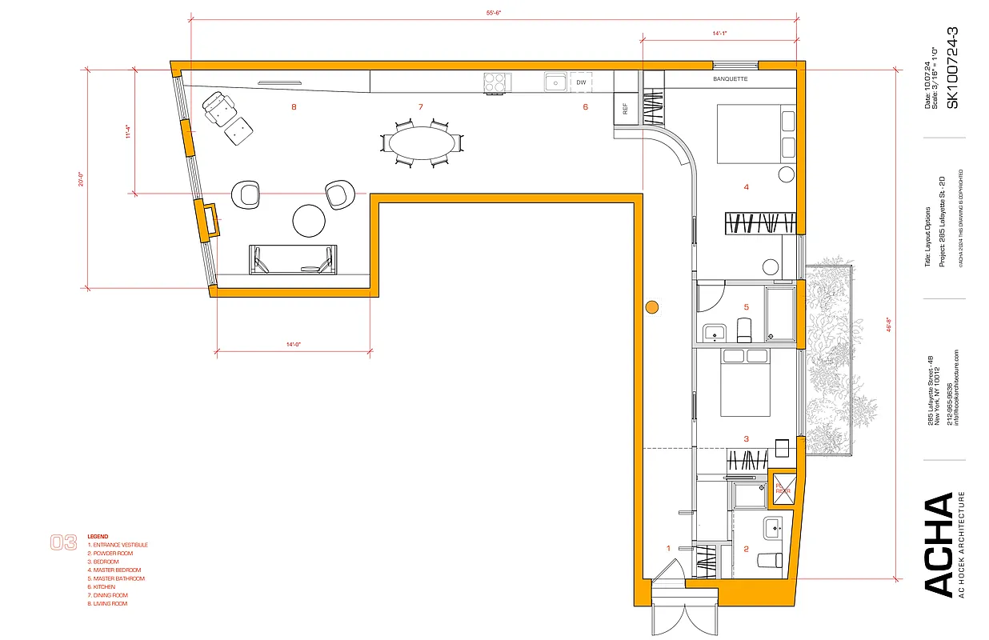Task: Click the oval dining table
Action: coord(421,142)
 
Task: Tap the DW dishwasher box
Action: coord(582,82)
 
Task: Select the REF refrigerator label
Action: coord(625,106)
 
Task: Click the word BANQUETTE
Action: coord(730,79)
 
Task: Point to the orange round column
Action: coord(652,306)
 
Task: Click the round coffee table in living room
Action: coord(309,222)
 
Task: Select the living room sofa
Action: coord(292,259)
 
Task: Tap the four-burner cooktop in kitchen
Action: coord(497,82)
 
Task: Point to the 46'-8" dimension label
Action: coord(891,329)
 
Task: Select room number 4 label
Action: coord(746,187)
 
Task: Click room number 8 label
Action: coord(294,106)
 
